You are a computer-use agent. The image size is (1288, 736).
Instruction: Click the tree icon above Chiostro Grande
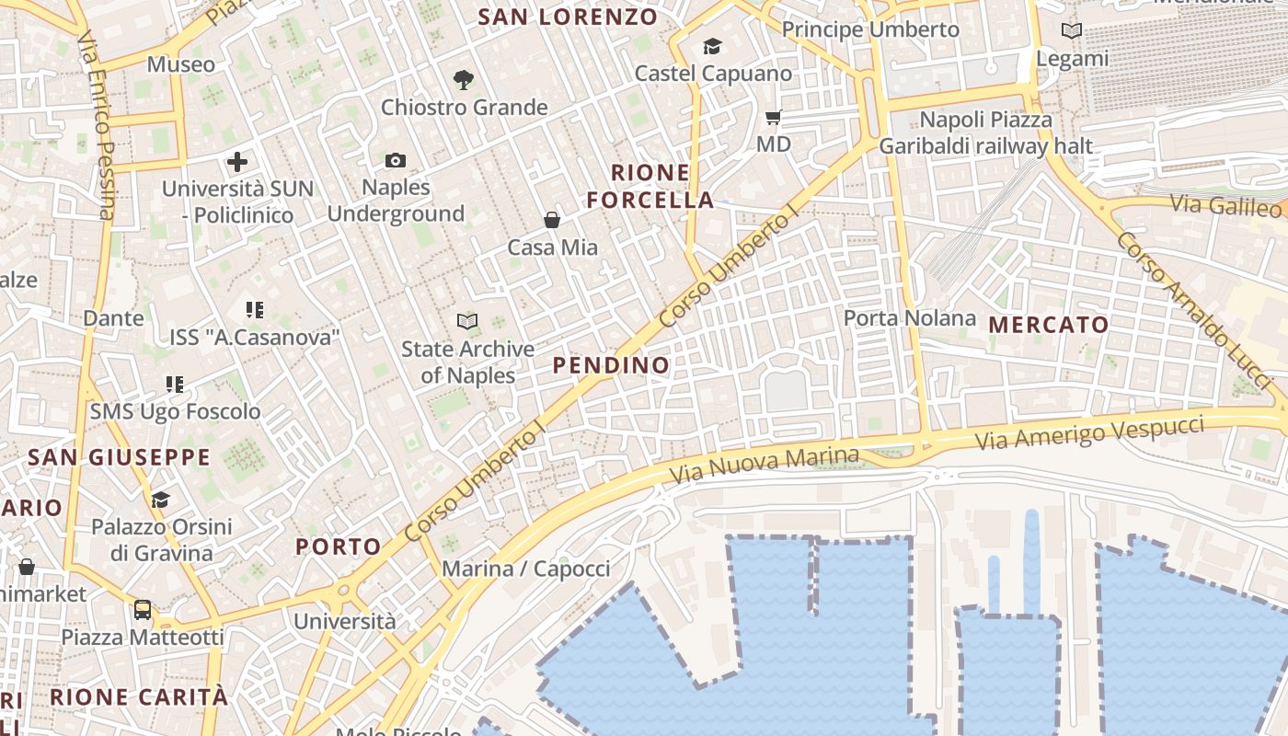click(464, 80)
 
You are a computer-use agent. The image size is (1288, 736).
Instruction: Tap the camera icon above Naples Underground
click(396, 161)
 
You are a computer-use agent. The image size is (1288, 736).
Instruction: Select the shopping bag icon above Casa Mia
click(552, 220)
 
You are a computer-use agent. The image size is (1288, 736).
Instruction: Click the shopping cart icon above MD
click(774, 117)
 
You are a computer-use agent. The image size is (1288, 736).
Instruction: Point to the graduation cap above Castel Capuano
click(712, 46)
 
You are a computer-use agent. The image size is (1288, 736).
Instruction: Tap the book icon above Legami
click(1072, 31)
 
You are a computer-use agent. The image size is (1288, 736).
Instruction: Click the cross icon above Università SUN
click(237, 163)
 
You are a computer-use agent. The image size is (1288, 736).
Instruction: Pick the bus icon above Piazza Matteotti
click(143, 609)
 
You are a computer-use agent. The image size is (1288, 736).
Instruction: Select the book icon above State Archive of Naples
click(467, 321)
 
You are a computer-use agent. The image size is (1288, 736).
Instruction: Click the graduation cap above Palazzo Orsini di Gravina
click(161, 500)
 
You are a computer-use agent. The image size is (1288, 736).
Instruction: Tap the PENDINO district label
click(611, 365)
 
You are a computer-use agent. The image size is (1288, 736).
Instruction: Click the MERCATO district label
click(1049, 325)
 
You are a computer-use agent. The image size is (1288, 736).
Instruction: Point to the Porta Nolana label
click(910, 318)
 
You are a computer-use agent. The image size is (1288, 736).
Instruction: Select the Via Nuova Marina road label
click(764, 466)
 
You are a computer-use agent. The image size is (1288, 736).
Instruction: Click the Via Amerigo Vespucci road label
click(1090, 432)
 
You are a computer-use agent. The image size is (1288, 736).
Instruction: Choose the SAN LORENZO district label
click(569, 17)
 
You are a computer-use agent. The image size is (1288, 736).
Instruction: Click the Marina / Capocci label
click(526, 569)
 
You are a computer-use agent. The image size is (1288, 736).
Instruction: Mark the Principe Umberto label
click(870, 29)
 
